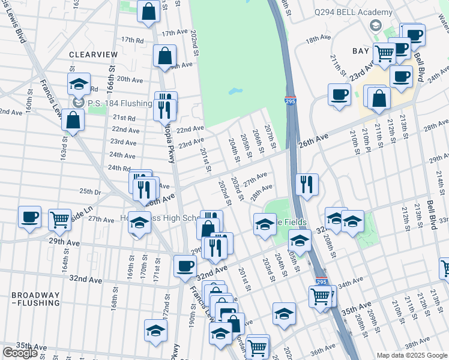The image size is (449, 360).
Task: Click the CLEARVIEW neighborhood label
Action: click(x=93, y=55)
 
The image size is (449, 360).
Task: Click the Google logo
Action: click(x=19, y=353)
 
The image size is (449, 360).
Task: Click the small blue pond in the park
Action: click(x=235, y=93)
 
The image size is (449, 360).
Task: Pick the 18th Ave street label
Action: click(x=318, y=38)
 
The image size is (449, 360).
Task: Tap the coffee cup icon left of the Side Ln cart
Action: click(x=29, y=217)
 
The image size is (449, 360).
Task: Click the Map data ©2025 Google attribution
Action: click(x=412, y=355)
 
